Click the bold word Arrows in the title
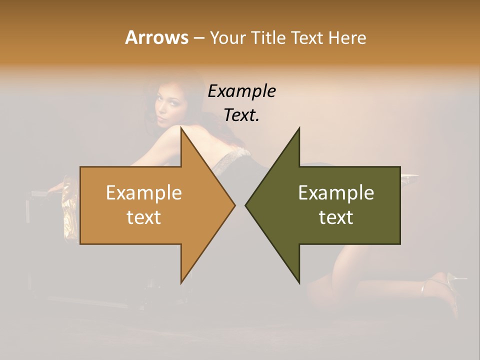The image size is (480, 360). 156,37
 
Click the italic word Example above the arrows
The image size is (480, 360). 241,91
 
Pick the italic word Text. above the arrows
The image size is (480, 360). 241,115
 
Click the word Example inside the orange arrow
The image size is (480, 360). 144,192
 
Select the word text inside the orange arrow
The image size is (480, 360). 144,217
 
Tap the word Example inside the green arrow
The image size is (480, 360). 336,192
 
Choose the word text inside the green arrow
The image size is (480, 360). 336,217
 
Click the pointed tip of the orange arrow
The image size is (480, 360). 234,204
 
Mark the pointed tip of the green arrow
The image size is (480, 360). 246,204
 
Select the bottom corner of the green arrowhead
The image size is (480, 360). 299,282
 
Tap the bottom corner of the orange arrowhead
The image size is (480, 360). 181,282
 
